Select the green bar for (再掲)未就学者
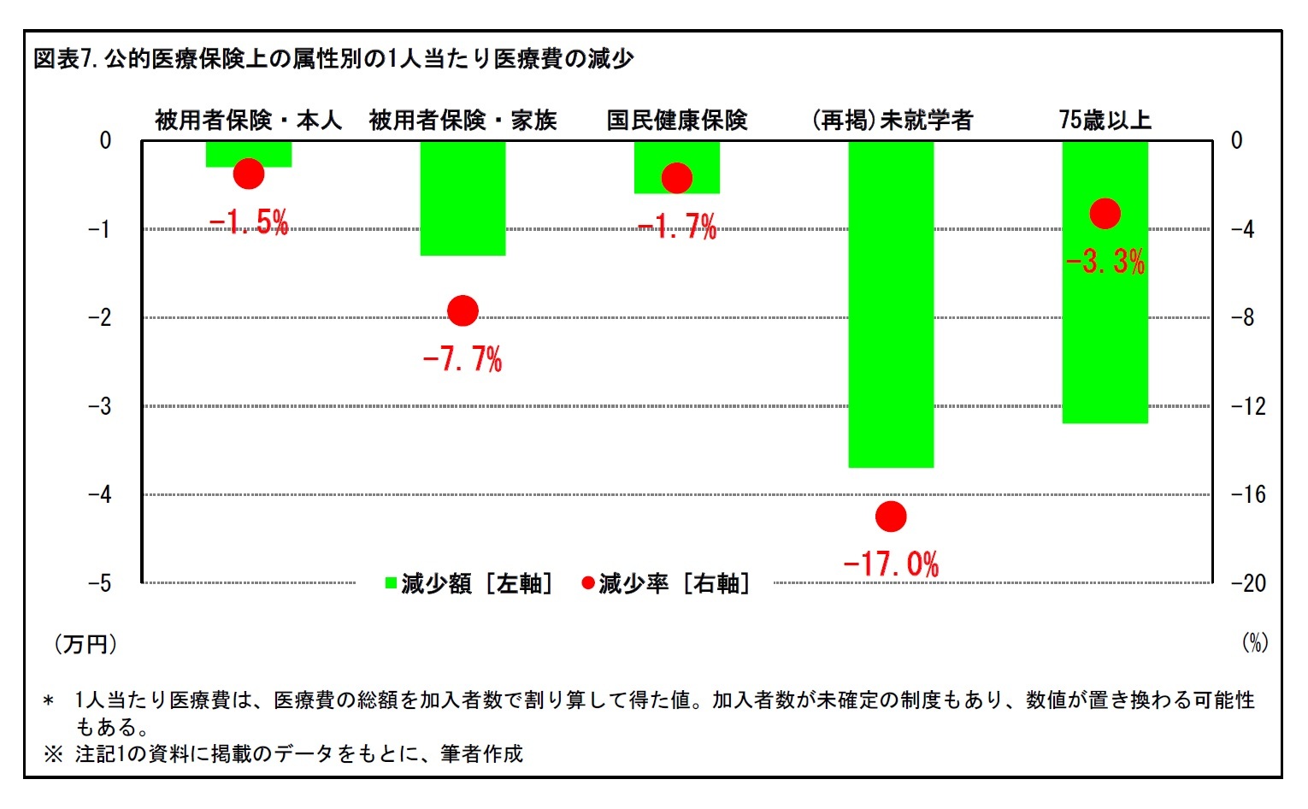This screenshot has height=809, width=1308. point(891,304)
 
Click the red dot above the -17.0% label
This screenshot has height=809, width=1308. point(891,517)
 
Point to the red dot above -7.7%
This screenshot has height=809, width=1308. point(463,310)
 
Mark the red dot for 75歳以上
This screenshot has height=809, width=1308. point(1105,214)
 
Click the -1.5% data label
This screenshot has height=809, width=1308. point(249,223)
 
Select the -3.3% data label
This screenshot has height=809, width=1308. point(1105,262)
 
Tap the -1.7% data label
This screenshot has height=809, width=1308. point(677,227)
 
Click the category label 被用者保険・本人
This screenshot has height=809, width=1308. point(248,121)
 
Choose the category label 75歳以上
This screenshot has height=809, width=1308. point(1105,121)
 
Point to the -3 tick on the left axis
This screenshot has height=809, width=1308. point(101,406)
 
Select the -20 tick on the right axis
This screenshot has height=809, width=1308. point(1247,583)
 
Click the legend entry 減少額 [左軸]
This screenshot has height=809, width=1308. point(468,583)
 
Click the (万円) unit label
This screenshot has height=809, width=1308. point(85,644)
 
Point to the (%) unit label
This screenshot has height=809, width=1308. point(1254,643)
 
